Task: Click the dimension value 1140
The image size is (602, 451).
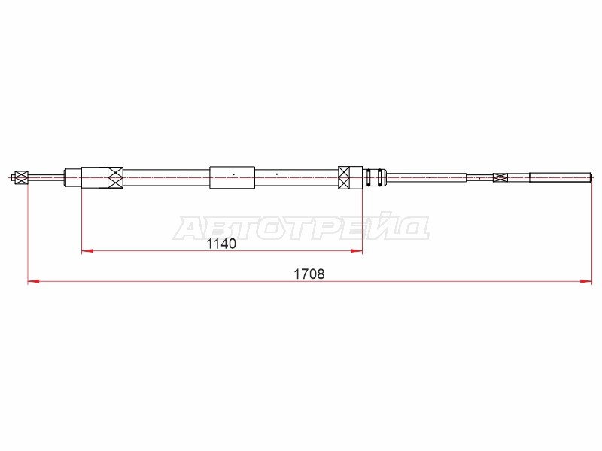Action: pyautogui.click(x=221, y=244)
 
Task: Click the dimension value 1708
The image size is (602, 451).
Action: pyautogui.click(x=309, y=274)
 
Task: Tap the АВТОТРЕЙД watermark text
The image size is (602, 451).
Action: pyautogui.click(x=302, y=229)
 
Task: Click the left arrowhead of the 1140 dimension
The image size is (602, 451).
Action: pyautogui.click(x=87, y=251)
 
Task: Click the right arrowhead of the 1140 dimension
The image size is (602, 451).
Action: pyautogui.click(x=357, y=251)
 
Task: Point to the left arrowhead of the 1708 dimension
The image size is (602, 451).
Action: pyautogui.click(x=33, y=281)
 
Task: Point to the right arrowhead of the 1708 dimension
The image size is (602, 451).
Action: pyautogui.click(x=586, y=281)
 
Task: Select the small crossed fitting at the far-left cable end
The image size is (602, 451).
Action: pyautogui.click(x=22, y=177)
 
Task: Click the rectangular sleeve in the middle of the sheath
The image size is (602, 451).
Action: pyautogui.click(x=232, y=177)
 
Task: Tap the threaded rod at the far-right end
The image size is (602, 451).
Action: pyautogui.click(x=560, y=177)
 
